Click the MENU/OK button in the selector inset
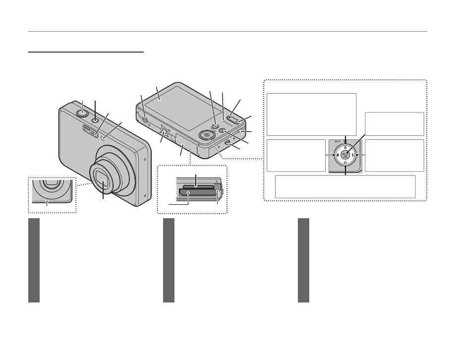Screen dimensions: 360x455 pos(345,155)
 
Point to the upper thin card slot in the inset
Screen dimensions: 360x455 pos(196,186)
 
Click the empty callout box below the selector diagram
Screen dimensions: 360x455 pos(345,186)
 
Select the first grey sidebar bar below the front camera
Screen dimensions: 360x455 pos(34,260)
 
